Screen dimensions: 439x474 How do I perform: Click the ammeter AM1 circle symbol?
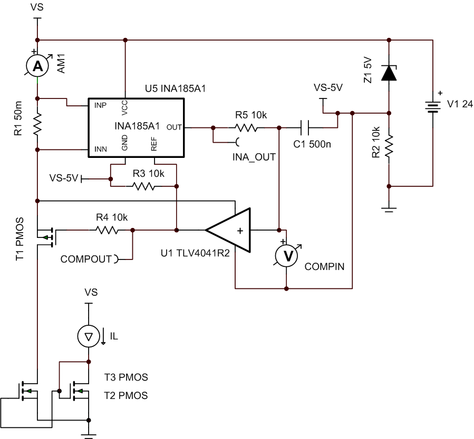point(37,65)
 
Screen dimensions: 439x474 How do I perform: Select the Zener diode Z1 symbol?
point(389,73)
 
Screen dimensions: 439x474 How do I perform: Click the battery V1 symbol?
point(433,107)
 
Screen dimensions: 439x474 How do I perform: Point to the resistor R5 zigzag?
point(246,127)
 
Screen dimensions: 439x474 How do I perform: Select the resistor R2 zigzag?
point(389,147)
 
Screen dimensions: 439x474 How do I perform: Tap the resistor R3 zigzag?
point(143,186)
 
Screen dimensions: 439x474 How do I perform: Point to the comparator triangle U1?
point(229,230)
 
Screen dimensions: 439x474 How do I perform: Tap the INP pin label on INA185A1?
point(100,105)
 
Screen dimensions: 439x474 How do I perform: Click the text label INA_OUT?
point(254,156)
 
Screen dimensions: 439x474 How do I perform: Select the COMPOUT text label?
point(86,259)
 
